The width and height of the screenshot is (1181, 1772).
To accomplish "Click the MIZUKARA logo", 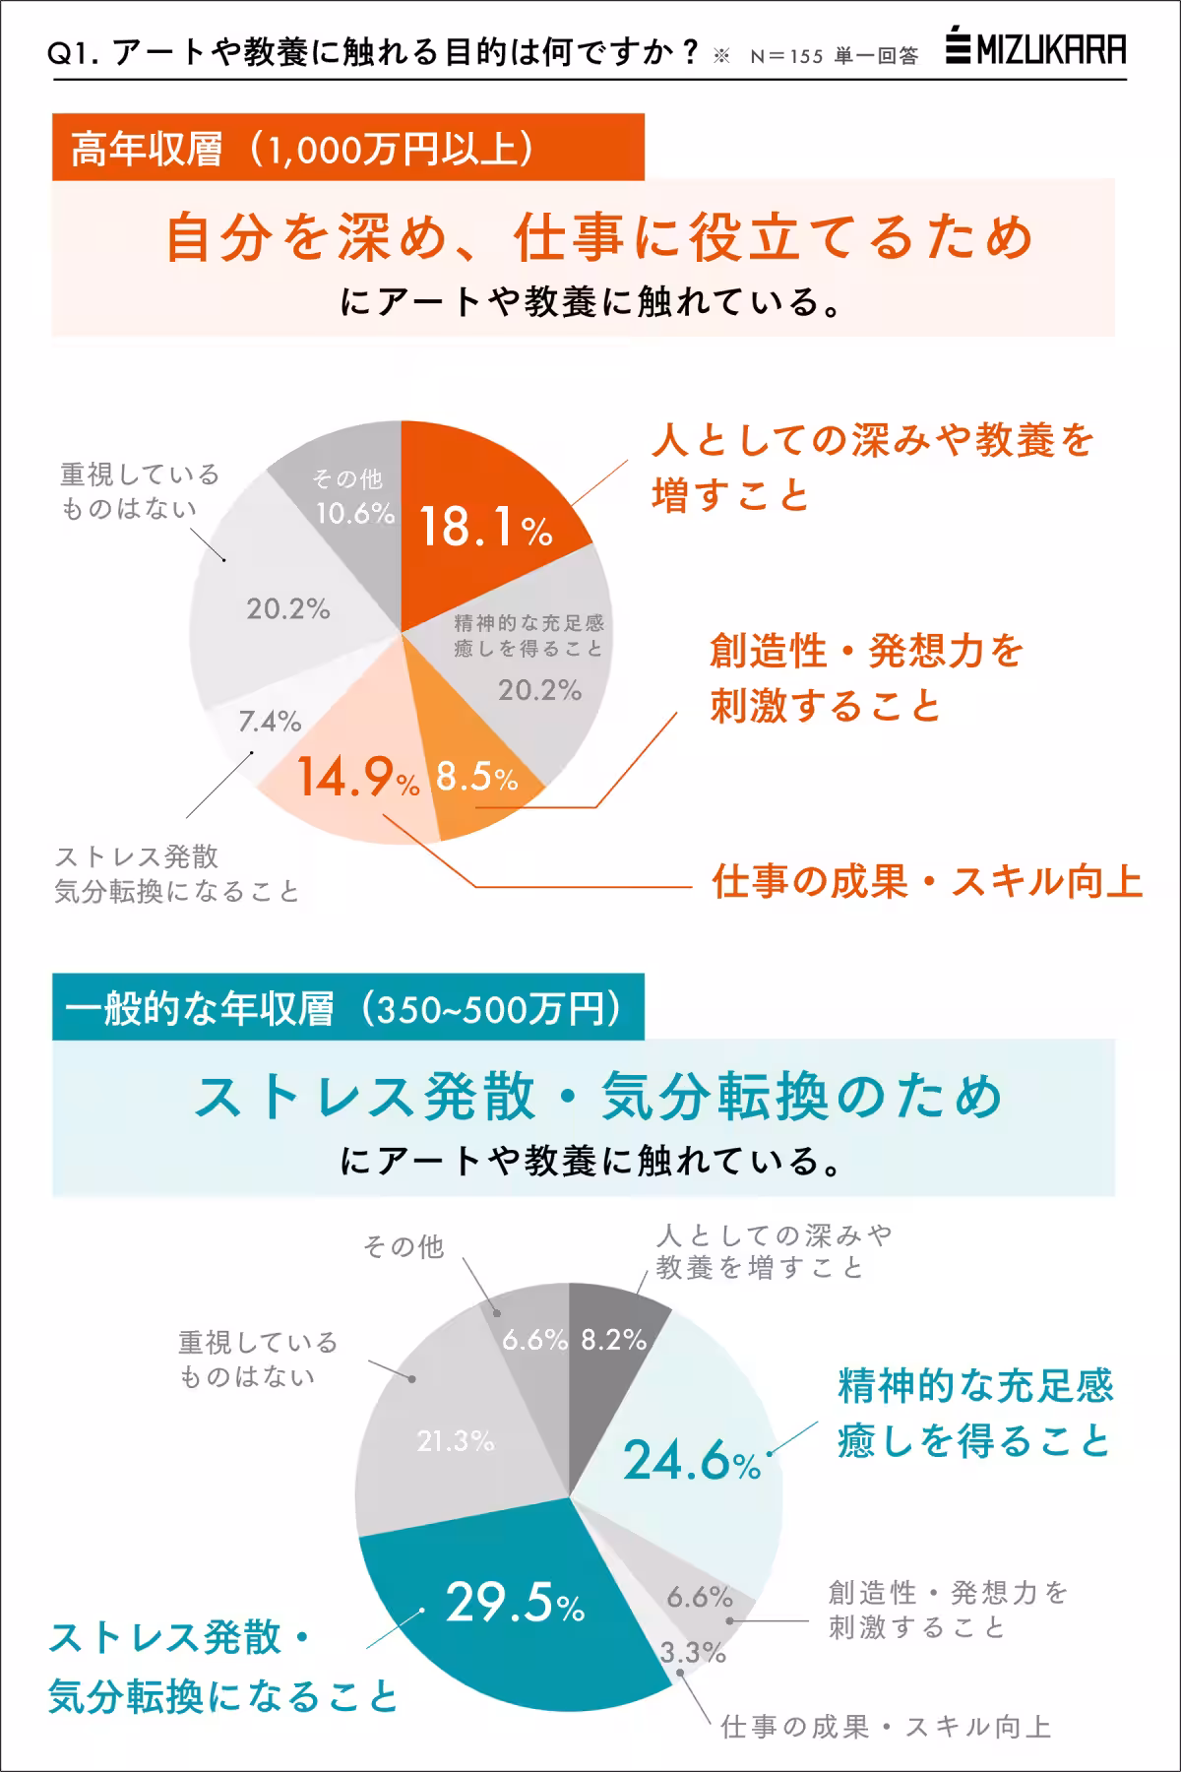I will coord(1035,49).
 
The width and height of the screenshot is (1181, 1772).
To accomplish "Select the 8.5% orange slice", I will coord(477,778).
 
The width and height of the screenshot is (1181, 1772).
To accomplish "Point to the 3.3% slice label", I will coord(692,1653).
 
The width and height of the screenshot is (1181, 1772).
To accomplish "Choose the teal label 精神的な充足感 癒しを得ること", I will coord(974,1414).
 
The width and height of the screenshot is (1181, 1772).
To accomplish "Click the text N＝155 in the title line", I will coord(785,56).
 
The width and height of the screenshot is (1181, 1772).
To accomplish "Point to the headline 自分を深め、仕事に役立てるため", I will coord(598,238).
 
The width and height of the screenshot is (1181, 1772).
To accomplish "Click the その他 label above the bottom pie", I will coord(404,1246).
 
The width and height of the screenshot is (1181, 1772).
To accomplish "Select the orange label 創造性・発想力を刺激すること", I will coord(866,678).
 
